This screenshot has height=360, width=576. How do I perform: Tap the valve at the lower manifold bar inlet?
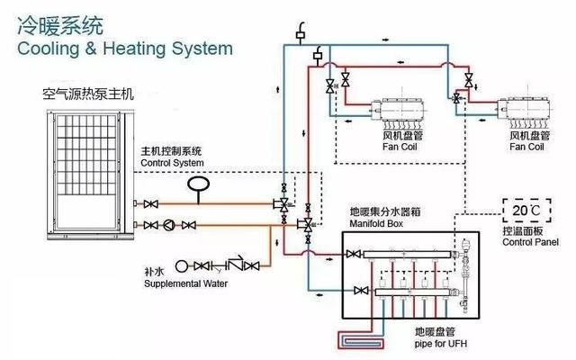point(362,290)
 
